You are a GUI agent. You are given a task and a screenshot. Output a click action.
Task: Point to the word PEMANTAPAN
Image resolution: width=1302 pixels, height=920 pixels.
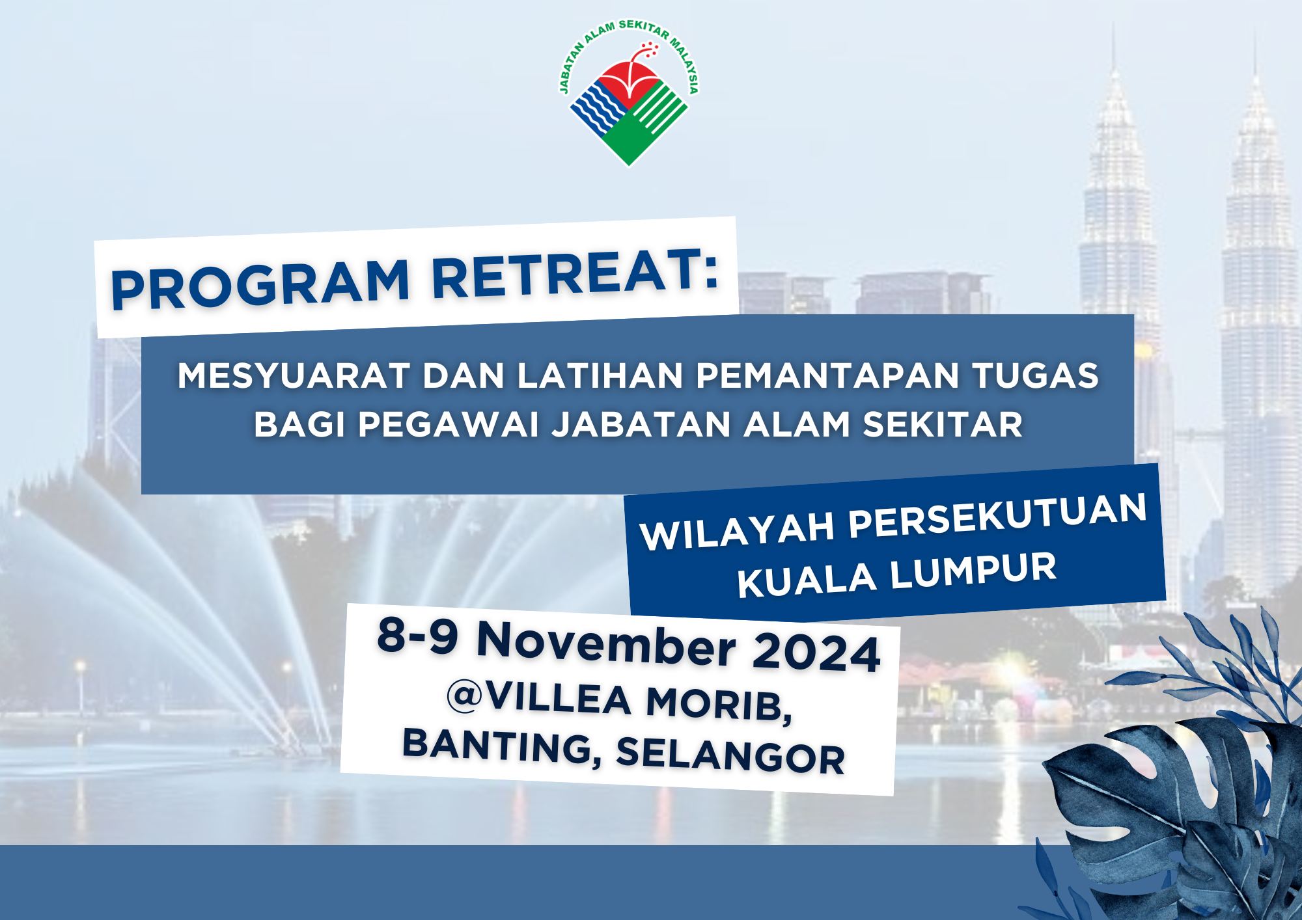827,376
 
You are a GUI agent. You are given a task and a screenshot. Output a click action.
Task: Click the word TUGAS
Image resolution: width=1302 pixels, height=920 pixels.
1036,376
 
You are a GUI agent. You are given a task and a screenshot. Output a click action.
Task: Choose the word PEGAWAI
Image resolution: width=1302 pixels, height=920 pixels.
449,425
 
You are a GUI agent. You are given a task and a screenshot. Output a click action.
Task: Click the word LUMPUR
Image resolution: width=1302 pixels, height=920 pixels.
973,572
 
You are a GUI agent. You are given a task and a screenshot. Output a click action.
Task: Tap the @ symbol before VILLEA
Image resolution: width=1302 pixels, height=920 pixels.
464,696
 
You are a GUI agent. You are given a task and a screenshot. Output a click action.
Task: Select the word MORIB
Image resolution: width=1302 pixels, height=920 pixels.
719,704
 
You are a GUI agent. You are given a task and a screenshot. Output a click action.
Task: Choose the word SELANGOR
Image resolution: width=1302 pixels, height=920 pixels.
730,755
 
